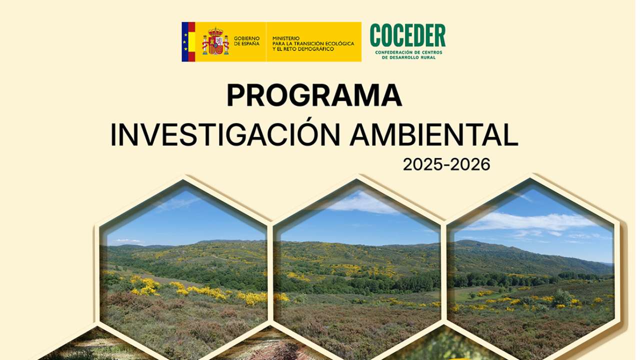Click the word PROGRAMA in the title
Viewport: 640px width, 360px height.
pos(314,96)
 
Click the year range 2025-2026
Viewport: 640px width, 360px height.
pos(446,164)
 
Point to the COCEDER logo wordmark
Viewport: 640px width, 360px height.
pos(407,36)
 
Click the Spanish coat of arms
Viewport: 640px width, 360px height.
pos(215,42)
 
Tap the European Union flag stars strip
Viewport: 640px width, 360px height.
pos(184,42)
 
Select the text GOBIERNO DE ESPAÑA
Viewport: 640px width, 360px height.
pos(246,41)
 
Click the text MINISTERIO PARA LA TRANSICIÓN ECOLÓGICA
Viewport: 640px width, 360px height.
pos(313,40)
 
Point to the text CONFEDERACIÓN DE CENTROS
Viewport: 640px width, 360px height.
pos(408,52)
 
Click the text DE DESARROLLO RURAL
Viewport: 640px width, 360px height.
pos(408,57)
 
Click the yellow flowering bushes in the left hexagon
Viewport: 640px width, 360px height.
pos(145,286)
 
